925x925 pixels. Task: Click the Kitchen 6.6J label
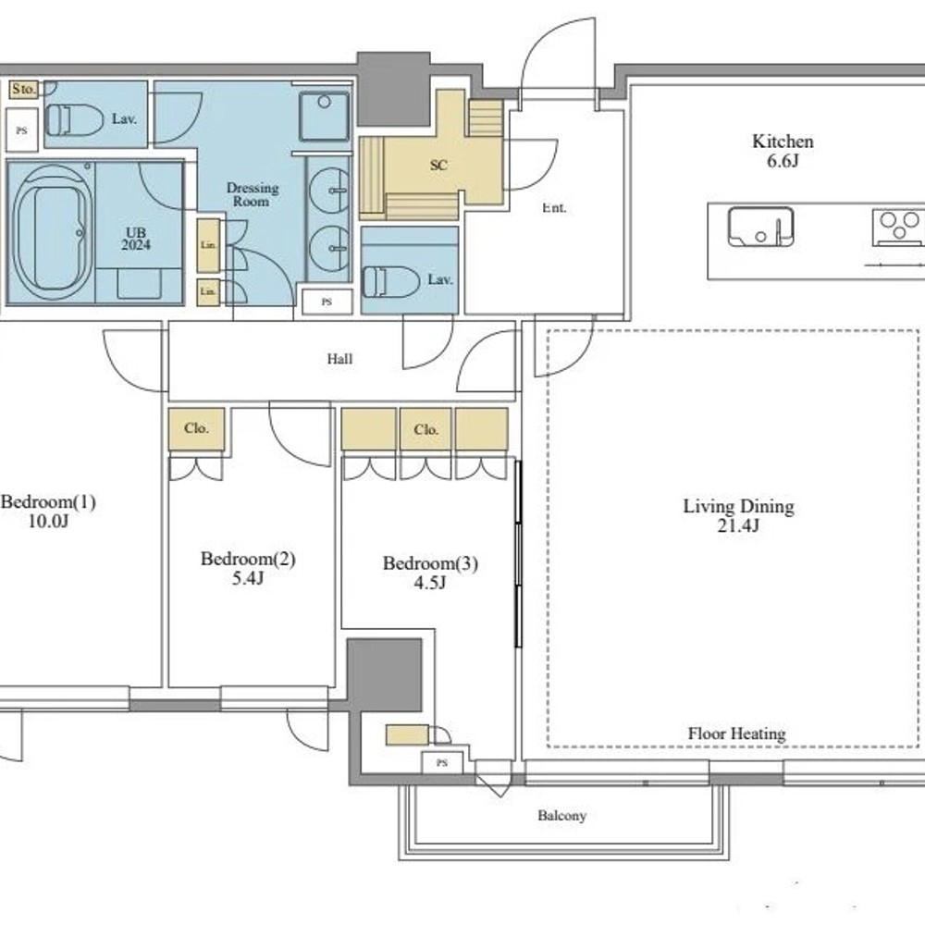[x=783, y=151]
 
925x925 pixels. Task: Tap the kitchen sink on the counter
[x=760, y=226]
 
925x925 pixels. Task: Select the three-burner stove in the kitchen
[x=898, y=228]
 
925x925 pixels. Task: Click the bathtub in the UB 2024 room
[x=52, y=232]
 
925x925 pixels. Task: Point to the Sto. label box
[x=24, y=90]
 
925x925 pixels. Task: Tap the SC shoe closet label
[x=438, y=166]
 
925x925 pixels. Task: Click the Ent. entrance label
[x=554, y=207]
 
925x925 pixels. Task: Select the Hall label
[x=339, y=359]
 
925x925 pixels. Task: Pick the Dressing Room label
[x=253, y=194]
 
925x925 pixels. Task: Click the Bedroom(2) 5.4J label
[x=248, y=568]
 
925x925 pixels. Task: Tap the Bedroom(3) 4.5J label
[x=430, y=573]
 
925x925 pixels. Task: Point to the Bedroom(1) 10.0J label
[x=48, y=511]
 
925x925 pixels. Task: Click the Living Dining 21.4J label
[x=738, y=515]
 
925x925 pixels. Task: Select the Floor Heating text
[x=737, y=734]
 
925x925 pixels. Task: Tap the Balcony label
[x=561, y=816]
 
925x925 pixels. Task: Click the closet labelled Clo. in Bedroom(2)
[x=196, y=429]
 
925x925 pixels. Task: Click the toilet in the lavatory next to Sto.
[x=74, y=119]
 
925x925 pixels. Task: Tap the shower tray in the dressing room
[x=323, y=117]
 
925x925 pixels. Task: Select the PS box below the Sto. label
[x=22, y=130]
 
